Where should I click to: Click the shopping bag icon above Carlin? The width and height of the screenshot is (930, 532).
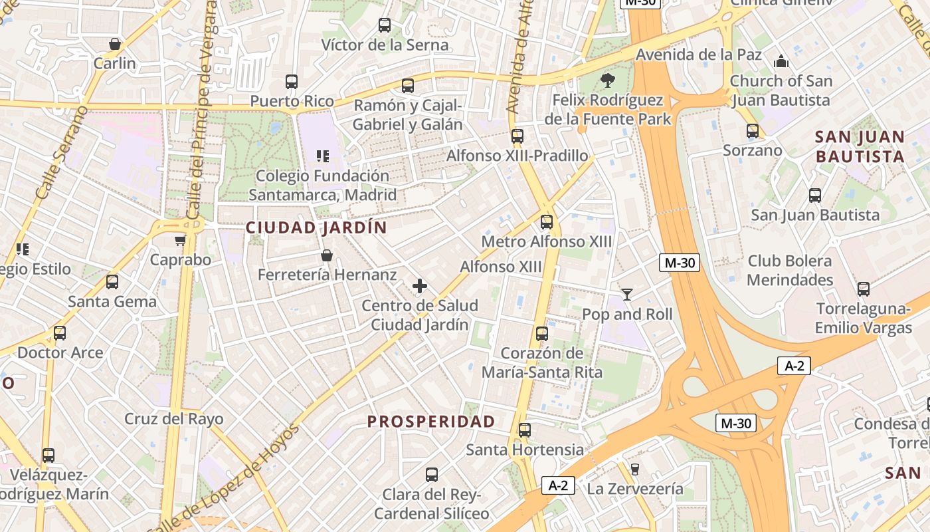pyautogui.click(x=115, y=44)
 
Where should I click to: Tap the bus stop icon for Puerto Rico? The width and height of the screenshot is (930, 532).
pyautogui.click(x=292, y=82)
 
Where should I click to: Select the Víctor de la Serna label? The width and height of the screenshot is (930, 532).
pyautogui.click(x=385, y=45)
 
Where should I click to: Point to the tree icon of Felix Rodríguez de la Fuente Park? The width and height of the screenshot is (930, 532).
pyautogui.click(x=607, y=81)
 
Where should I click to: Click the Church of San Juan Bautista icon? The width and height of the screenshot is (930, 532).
pyautogui.click(x=781, y=62)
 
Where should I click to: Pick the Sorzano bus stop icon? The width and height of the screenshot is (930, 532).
pyautogui.click(x=753, y=131)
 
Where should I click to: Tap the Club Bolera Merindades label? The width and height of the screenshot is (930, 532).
pyautogui.click(x=790, y=270)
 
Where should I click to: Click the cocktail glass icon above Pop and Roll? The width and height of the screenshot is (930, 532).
pyautogui.click(x=627, y=294)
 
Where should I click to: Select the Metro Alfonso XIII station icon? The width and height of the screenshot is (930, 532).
pyautogui.click(x=547, y=222)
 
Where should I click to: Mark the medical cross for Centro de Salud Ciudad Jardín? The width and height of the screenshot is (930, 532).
pyautogui.click(x=420, y=286)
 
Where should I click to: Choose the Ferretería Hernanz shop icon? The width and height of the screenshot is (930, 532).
pyautogui.click(x=327, y=255)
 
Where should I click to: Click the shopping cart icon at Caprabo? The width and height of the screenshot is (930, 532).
pyautogui.click(x=180, y=240)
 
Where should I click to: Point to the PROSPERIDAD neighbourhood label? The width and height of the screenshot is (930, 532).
pyautogui.click(x=431, y=422)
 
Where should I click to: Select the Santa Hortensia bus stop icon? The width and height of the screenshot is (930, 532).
pyautogui.click(x=525, y=430)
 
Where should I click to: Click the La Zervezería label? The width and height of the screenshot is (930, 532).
pyautogui.click(x=634, y=489)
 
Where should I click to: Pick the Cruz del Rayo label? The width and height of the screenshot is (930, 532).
pyautogui.click(x=174, y=419)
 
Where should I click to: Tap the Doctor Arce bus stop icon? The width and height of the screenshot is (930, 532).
pyautogui.click(x=60, y=333)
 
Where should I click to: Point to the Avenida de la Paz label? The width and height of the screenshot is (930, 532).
pyautogui.click(x=699, y=55)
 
